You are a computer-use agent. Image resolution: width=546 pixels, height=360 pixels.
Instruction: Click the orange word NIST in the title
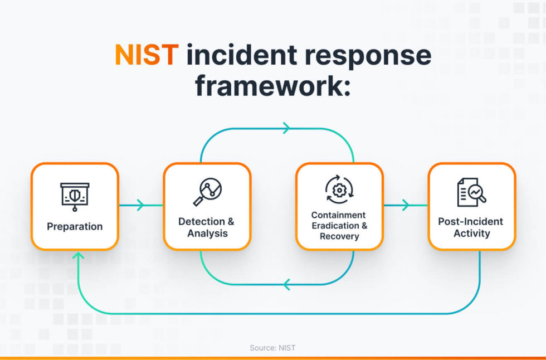147,56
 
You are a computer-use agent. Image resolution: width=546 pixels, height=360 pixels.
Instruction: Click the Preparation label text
75,226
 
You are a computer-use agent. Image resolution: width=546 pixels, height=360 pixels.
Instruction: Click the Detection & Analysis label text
207,227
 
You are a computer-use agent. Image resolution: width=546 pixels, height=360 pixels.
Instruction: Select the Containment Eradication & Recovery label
339,226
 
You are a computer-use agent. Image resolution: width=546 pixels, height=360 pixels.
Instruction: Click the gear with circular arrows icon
339,189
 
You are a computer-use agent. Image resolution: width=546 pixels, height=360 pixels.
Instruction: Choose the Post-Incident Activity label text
471,227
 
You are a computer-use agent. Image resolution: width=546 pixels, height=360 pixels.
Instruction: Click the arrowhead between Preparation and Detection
140,205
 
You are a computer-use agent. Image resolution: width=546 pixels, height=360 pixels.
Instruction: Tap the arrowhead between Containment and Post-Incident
405,205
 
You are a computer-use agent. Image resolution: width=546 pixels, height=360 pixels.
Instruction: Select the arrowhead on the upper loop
286,128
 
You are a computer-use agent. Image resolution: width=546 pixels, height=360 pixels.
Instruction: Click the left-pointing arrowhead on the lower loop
286,285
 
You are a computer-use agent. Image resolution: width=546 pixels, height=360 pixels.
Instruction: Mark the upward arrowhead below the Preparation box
79,256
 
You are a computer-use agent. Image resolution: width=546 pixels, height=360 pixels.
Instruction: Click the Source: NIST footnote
272,348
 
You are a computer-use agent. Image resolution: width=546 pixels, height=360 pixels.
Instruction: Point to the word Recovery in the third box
339,236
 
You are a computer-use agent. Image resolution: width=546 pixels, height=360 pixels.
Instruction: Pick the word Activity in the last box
471,233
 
